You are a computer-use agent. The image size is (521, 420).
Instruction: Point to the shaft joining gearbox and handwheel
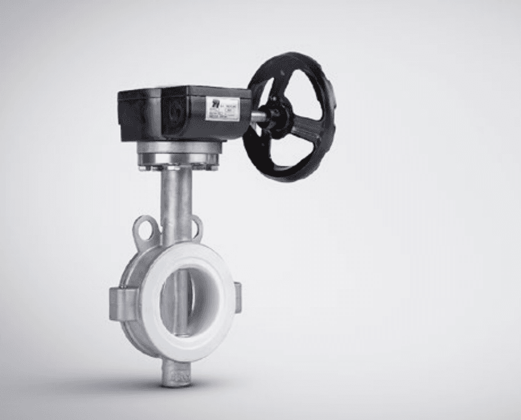pyautogui.click(x=257, y=116)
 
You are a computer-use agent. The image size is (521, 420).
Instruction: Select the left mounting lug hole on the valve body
pyautogui.click(x=145, y=228)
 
